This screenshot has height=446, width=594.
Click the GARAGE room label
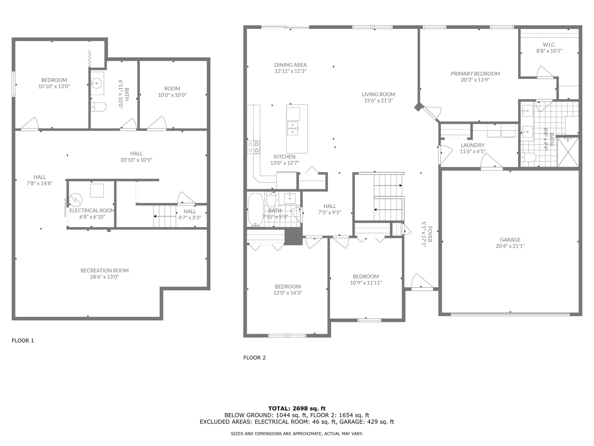tap(510, 239)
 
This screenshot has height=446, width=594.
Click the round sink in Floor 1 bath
tap(96, 83)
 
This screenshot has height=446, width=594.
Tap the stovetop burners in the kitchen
tap(253, 147)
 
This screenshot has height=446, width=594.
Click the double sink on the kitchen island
tap(292, 128)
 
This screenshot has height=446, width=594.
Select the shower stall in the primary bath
tap(568, 152)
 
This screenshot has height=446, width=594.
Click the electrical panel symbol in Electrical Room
tap(75, 200)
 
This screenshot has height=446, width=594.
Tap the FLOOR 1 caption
tap(23, 341)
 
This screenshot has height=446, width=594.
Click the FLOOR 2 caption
tap(254, 358)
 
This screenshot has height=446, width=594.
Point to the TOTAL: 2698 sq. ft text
tap(297, 409)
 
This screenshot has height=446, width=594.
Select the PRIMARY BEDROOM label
tap(475, 74)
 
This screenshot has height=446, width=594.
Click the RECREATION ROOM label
tap(105, 270)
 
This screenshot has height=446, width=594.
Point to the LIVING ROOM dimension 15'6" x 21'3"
tap(378, 100)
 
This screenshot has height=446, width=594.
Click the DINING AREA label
tap(290, 65)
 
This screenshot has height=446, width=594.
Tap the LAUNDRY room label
tap(472, 145)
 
